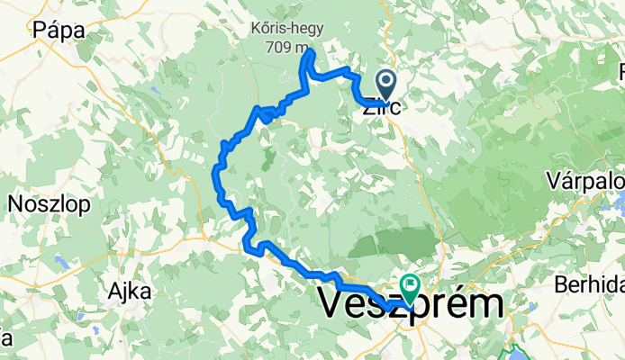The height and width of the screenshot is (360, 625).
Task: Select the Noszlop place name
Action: [x=49, y=204]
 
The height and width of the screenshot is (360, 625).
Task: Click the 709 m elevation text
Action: [x=286, y=47]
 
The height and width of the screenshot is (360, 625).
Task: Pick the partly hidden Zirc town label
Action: [x=375, y=106]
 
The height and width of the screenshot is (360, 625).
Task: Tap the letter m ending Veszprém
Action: [x=485, y=305]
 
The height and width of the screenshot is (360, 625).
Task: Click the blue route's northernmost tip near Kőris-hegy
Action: [x=310, y=53]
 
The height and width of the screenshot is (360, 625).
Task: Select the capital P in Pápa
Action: [x=38, y=30]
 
